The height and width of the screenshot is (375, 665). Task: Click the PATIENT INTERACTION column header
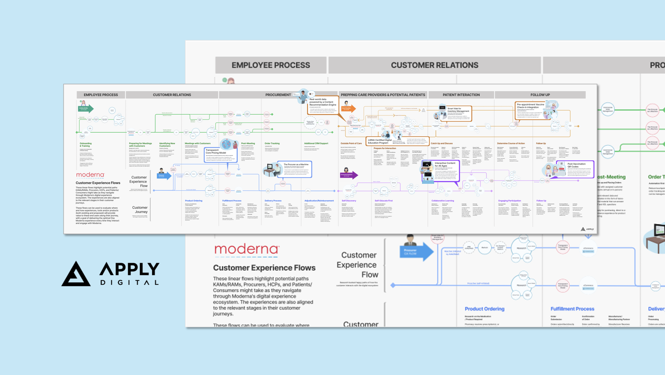click(x=461, y=95)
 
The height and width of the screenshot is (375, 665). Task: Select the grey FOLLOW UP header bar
click(x=540, y=95)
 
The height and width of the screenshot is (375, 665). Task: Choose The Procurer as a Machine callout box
click(x=296, y=169)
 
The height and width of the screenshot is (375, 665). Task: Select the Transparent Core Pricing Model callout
click(x=220, y=154)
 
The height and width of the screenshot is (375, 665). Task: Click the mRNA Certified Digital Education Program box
click(x=380, y=141)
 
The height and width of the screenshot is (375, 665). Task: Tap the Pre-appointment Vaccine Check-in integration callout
click(x=531, y=110)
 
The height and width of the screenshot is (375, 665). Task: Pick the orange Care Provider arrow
click(x=348, y=109)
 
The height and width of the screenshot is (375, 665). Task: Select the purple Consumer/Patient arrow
click(x=348, y=175)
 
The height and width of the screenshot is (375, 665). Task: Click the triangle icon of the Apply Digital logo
click(x=76, y=274)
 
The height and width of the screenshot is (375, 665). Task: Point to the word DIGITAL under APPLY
click(x=129, y=282)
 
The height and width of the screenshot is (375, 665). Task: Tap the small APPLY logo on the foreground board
click(x=587, y=229)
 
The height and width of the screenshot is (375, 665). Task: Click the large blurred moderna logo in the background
click(x=247, y=249)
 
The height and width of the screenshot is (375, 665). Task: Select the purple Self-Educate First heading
click(x=383, y=201)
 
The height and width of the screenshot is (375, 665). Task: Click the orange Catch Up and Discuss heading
click(x=441, y=143)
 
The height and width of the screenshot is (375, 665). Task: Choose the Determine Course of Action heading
click(x=511, y=143)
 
